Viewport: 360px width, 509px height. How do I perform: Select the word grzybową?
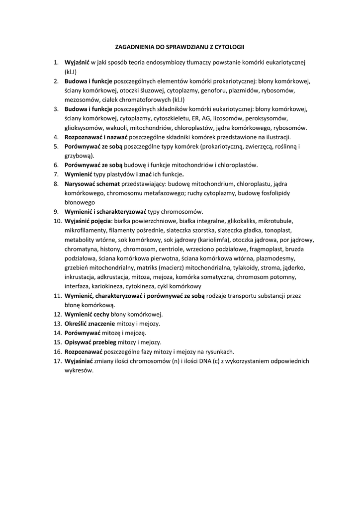click(78, 156)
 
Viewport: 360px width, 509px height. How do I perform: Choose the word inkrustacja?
click(81, 276)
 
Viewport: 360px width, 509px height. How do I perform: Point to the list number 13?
click(56, 323)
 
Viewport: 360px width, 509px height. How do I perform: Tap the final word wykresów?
click(79, 370)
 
